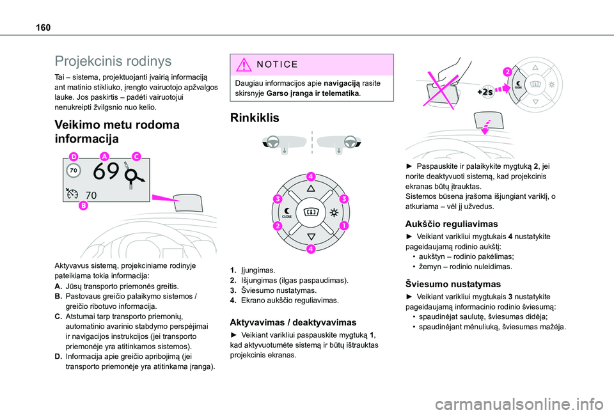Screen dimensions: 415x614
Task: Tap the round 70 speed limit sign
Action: (73, 171)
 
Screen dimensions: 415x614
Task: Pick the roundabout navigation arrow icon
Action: (134, 176)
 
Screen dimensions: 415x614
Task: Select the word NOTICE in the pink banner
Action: (276, 64)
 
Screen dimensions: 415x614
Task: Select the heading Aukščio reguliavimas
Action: (452, 224)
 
